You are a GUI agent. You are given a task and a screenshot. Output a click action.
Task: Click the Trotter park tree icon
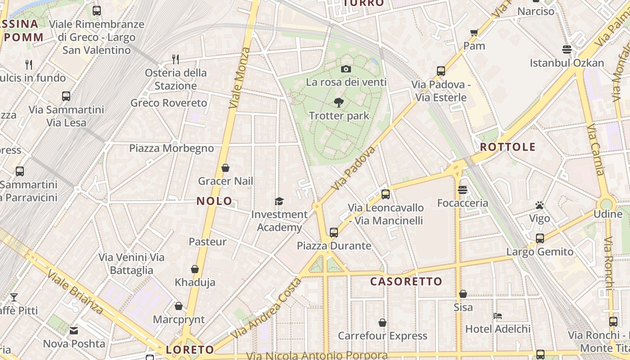(339, 103)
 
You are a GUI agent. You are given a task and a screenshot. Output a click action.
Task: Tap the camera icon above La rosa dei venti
(346, 69)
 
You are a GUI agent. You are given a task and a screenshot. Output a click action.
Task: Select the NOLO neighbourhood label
(215, 201)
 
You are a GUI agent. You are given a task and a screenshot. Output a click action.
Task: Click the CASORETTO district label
(406, 282)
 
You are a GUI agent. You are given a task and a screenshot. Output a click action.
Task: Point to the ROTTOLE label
(508, 147)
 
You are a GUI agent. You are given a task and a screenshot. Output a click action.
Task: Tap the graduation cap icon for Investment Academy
(279, 201)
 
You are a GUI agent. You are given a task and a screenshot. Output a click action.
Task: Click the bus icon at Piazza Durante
(333, 232)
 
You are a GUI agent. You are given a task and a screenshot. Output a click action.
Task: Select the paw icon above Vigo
(540, 205)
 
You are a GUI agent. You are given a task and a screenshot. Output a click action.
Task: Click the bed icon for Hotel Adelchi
(498, 315)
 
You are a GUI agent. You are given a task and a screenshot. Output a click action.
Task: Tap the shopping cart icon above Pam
(474, 32)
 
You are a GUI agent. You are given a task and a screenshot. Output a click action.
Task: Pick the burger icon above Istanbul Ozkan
(567, 49)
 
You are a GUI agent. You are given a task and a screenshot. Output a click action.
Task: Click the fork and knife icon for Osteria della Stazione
(175, 59)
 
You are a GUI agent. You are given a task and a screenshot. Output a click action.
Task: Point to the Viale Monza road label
(239, 77)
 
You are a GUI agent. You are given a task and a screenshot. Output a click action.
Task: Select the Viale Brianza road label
(75, 292)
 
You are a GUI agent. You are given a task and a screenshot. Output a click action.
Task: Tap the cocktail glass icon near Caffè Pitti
(14, 297)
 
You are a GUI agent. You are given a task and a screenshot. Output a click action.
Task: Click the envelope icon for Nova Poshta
(74, 331)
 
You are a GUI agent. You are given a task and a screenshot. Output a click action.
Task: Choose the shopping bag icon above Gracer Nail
(225, 168)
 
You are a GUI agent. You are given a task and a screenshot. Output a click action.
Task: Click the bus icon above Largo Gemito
(540, 238)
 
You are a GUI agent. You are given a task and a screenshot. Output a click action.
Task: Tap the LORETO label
(190, 350)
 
